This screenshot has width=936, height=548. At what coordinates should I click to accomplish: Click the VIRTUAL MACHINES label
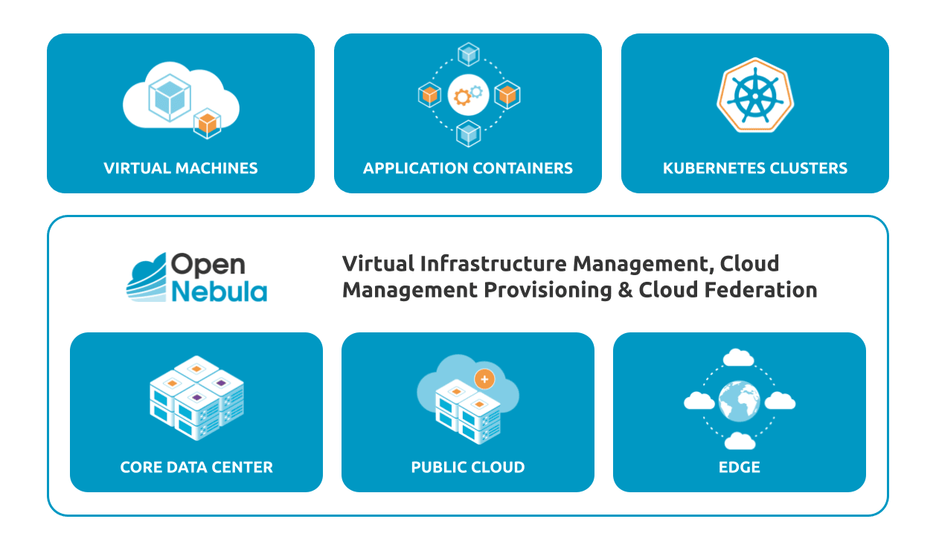(181, 168)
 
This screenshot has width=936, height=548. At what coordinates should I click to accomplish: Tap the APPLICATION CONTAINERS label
(468, 168)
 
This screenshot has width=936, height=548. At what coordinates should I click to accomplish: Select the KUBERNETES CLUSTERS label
(755, 168)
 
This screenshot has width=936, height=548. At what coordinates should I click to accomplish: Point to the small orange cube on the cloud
(206, 124)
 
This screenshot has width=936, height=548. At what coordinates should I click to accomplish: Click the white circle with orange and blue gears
(468, 94)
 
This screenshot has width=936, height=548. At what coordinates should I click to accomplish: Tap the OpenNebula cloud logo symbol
(146, 278)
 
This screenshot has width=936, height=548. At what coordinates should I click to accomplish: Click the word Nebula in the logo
(219, 291)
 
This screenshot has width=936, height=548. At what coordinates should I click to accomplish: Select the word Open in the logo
(208, 265)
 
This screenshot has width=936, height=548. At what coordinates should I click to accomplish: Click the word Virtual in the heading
(377, 263)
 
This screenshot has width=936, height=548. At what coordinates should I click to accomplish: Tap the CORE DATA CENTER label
(196, 468)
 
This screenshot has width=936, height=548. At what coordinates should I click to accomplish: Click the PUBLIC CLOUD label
(468, 468)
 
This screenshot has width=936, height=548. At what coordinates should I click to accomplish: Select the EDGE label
(740, 468)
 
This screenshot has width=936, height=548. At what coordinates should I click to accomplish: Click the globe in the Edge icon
(740, 400)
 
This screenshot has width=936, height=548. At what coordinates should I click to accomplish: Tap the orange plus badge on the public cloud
(484, 379)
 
